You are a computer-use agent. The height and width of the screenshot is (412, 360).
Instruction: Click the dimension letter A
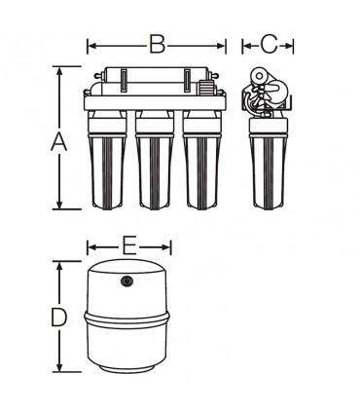click(x=59, y=142)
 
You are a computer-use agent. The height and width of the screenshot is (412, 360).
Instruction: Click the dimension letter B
click(x=158, y=44)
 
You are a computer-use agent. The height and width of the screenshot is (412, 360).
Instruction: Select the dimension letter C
click(x=269, y=44)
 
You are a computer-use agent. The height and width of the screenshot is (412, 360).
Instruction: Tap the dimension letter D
click(x=59, y=318)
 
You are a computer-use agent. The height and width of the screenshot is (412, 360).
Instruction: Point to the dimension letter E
click(x=128, y=245)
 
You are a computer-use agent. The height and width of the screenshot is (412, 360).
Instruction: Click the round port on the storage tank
click(x=126, y=281)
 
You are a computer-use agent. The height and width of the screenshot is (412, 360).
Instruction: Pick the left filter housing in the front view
click(x=108, y=160)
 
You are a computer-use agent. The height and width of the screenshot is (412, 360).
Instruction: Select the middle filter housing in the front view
click(x=155, y=160)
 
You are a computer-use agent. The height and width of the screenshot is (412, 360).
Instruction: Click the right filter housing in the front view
click(x=201, y=160)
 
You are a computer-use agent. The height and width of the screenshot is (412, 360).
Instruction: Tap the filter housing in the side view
click(x=269, y=164)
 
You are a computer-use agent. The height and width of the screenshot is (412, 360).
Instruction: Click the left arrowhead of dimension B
click(x=91, y=46)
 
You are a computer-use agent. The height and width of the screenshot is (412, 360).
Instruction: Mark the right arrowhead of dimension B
click(x=221, y=46)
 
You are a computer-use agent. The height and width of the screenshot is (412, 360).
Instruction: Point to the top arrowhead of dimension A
click(x=59, y=71)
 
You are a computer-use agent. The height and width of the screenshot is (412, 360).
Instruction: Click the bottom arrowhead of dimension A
click(x=59, y=205)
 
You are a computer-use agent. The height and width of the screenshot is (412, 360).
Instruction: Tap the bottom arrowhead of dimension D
click(x=59, y=367)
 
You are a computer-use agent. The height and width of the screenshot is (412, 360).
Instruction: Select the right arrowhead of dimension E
click(x=166, y=247)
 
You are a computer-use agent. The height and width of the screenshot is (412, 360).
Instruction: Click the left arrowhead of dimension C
click(x=247, y=46)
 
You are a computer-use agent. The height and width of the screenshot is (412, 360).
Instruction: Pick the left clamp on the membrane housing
click(x=124, y=81)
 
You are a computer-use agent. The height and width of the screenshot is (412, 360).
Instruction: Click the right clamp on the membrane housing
click(x=188, y=81)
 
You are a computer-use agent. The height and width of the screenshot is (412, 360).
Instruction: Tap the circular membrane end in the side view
click(x=259, y=76)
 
